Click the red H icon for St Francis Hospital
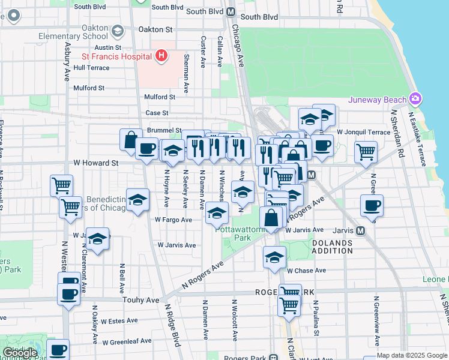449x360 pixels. (161, 56)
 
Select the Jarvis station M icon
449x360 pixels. (360, 230)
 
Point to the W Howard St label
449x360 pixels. (95, 163)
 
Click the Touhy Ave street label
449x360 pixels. (140, 299)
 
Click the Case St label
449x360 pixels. (157, 113)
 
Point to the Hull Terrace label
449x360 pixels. (91, 68)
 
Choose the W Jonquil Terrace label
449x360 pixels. (363, 132)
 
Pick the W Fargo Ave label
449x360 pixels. (173, 220)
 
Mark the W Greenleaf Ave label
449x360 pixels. (127, 342)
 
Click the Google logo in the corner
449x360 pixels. (19, 353)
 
